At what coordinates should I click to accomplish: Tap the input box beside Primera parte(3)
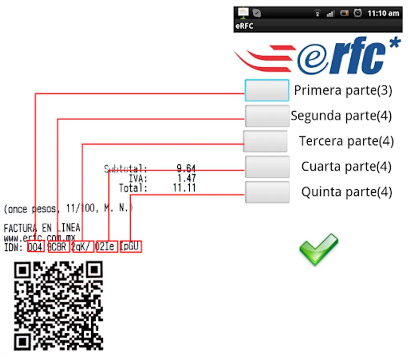tap(267, 90)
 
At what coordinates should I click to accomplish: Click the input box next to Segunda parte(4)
tap(267, 116)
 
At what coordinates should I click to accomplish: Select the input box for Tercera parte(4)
tap(265, 141)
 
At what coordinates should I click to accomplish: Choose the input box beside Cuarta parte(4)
tap(267, 167)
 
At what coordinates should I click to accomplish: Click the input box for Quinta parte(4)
tap(267, 192)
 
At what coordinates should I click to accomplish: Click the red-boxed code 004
tap(36, 247)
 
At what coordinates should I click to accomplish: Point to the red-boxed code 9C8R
tap(58, 247)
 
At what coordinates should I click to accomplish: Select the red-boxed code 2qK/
tap(83, 247)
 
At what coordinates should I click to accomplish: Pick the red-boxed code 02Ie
tap(107, 247)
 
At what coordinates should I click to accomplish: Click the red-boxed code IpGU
tap(131, 247)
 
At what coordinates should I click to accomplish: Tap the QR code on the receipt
tap(58, 306)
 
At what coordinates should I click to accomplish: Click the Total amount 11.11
tap(184, 188)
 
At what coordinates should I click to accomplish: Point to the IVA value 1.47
tap(186, 178)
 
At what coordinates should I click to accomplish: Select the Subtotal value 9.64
tap(186, 169)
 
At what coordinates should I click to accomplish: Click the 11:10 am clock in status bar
tap(383, 13)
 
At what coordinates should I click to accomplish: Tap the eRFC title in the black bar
tap(244, 26)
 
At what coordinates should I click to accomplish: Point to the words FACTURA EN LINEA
tap(42, 228)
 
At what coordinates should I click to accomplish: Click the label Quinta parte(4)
tap(346, 192)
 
